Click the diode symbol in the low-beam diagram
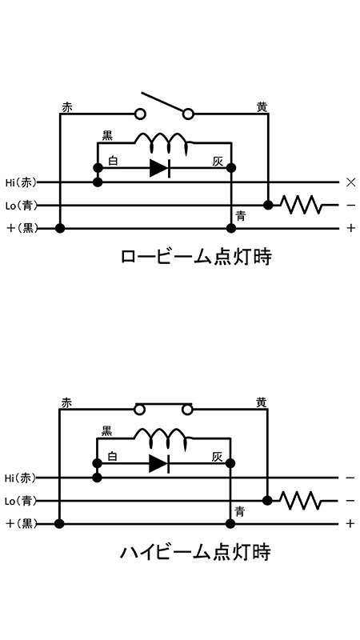pos(159,168)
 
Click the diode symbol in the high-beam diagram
pos(159,463)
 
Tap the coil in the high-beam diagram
pos(162,438)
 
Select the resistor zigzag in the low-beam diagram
pos(302,205)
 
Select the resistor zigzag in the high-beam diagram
pos(301,500)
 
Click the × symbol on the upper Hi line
pos(350,182)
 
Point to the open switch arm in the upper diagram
pos(162,102)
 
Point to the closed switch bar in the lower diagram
pos(163,405)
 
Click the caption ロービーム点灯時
pos(196,258)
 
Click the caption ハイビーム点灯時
pos(195,552)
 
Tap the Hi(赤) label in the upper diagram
pos(21,182)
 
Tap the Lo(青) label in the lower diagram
pos(21,501)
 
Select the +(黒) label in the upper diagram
pos(22,228)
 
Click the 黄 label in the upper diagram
pos(262,107)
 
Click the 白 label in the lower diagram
pos(112,456)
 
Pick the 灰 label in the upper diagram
pos(218,162)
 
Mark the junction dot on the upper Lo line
pos(268,205)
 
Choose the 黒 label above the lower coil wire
pos(106,430)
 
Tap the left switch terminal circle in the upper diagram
pos(141,114)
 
